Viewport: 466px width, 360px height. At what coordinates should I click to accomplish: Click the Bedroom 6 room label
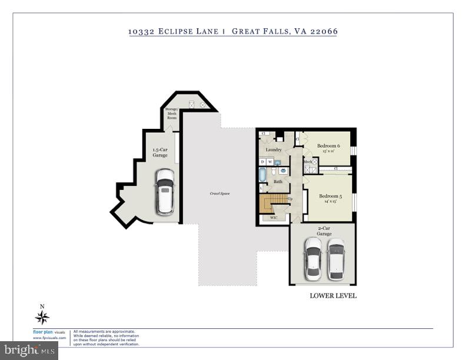click(328, 146)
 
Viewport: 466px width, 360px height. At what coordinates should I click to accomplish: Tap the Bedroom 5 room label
click(329, 196)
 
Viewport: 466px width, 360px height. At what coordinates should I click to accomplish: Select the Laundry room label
click(273, 150)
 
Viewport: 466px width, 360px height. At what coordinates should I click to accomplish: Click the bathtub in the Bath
click(263, 175)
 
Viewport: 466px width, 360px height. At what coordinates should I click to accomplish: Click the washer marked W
click(269, 162)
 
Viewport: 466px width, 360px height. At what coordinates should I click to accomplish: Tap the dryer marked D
click(262, 162)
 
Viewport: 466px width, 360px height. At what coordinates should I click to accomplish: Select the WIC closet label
click(274, 218)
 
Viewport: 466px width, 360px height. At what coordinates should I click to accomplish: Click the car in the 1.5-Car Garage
click(165, 191)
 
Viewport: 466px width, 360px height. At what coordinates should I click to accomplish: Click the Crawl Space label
click(219, 193)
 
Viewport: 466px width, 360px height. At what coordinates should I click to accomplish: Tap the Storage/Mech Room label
click(171, 113)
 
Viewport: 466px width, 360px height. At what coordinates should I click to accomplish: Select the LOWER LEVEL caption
click(333, 295)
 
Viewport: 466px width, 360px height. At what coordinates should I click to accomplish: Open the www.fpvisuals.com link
click(49, 338)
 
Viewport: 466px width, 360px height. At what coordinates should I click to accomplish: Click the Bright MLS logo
click(28, 351)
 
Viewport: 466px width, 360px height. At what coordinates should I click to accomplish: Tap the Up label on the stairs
click(290, 198)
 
